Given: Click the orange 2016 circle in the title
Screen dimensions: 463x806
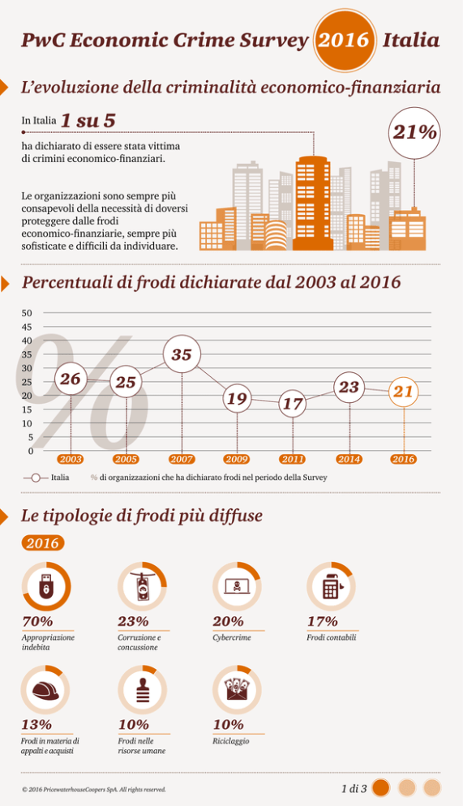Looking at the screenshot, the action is click(x=343, y=40).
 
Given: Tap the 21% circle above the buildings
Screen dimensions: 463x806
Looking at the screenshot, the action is click(x=414, y=133).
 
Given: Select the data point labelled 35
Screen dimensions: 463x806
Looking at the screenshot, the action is click(x=182, y=354).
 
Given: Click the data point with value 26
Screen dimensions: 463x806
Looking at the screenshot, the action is click(x=71, y=379).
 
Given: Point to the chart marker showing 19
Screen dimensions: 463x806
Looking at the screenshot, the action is click(x=237, y=398).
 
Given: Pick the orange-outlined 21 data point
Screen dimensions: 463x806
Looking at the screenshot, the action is click(x=403, y=392).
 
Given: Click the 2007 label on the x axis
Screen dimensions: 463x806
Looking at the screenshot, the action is click(x=182, y=459).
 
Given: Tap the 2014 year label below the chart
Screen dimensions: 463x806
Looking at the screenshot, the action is click(x=349, y=459).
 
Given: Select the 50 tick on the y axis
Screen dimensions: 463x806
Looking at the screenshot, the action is click(x=27, y=312).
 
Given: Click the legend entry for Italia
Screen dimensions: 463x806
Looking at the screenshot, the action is click(x=46, y=478).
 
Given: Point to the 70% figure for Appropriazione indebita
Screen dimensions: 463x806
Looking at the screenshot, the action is click(x=37, y=621).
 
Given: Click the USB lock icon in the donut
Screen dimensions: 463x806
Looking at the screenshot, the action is click(x=46, y=586).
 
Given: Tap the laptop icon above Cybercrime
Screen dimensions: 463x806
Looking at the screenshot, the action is click(x=237, y=586).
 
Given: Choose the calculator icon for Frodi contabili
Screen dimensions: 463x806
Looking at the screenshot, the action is click(x=332, y=586).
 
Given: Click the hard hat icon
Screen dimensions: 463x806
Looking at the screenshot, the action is click(x=45, y=691).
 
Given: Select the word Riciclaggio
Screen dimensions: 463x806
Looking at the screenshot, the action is click(x=231, y=740).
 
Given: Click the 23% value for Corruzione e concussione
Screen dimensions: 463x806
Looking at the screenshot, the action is click(x=133, y=621).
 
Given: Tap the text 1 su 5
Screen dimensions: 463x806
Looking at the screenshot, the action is click(x=88, y=121).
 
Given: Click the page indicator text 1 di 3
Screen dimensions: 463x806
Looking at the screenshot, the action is click(x=354, y=788).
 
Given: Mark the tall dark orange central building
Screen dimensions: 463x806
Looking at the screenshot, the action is click(x=312, y=204).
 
